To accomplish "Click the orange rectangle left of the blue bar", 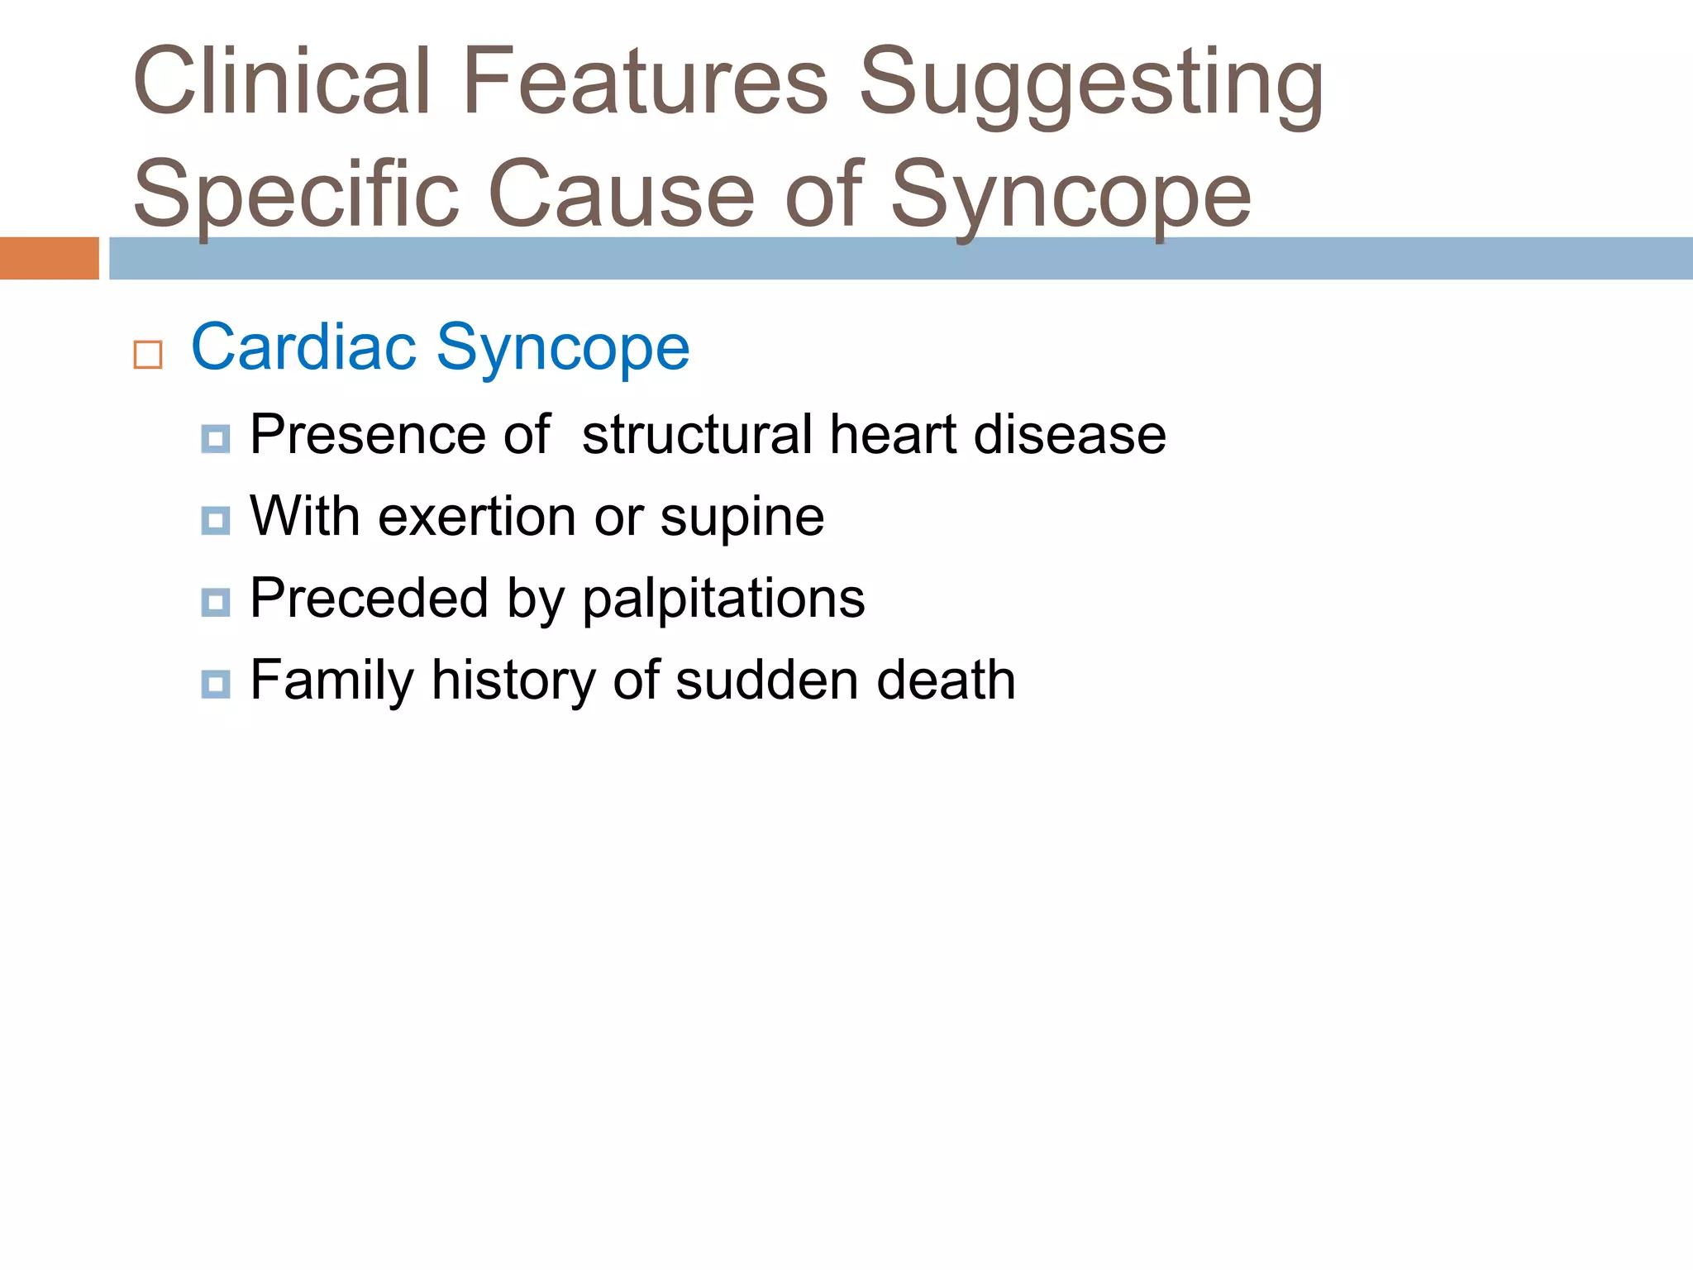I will tap(49, 258).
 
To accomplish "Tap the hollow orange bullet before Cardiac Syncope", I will tap(148, 355).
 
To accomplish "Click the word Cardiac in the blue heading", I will tap(303, 347).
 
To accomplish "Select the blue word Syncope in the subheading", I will tap(563, 349).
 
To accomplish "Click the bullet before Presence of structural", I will tap(216, 439).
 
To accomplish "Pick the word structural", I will tap(697, 435).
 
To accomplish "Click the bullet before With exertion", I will tap(216, 521).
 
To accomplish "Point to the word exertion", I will tap(478, 517).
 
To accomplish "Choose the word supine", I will tap(742, 519).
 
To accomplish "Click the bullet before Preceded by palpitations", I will tap(216, 603).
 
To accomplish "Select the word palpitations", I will tap(723, 599).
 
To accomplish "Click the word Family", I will tap(331, 681).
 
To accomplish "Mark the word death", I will tap(946, 680).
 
